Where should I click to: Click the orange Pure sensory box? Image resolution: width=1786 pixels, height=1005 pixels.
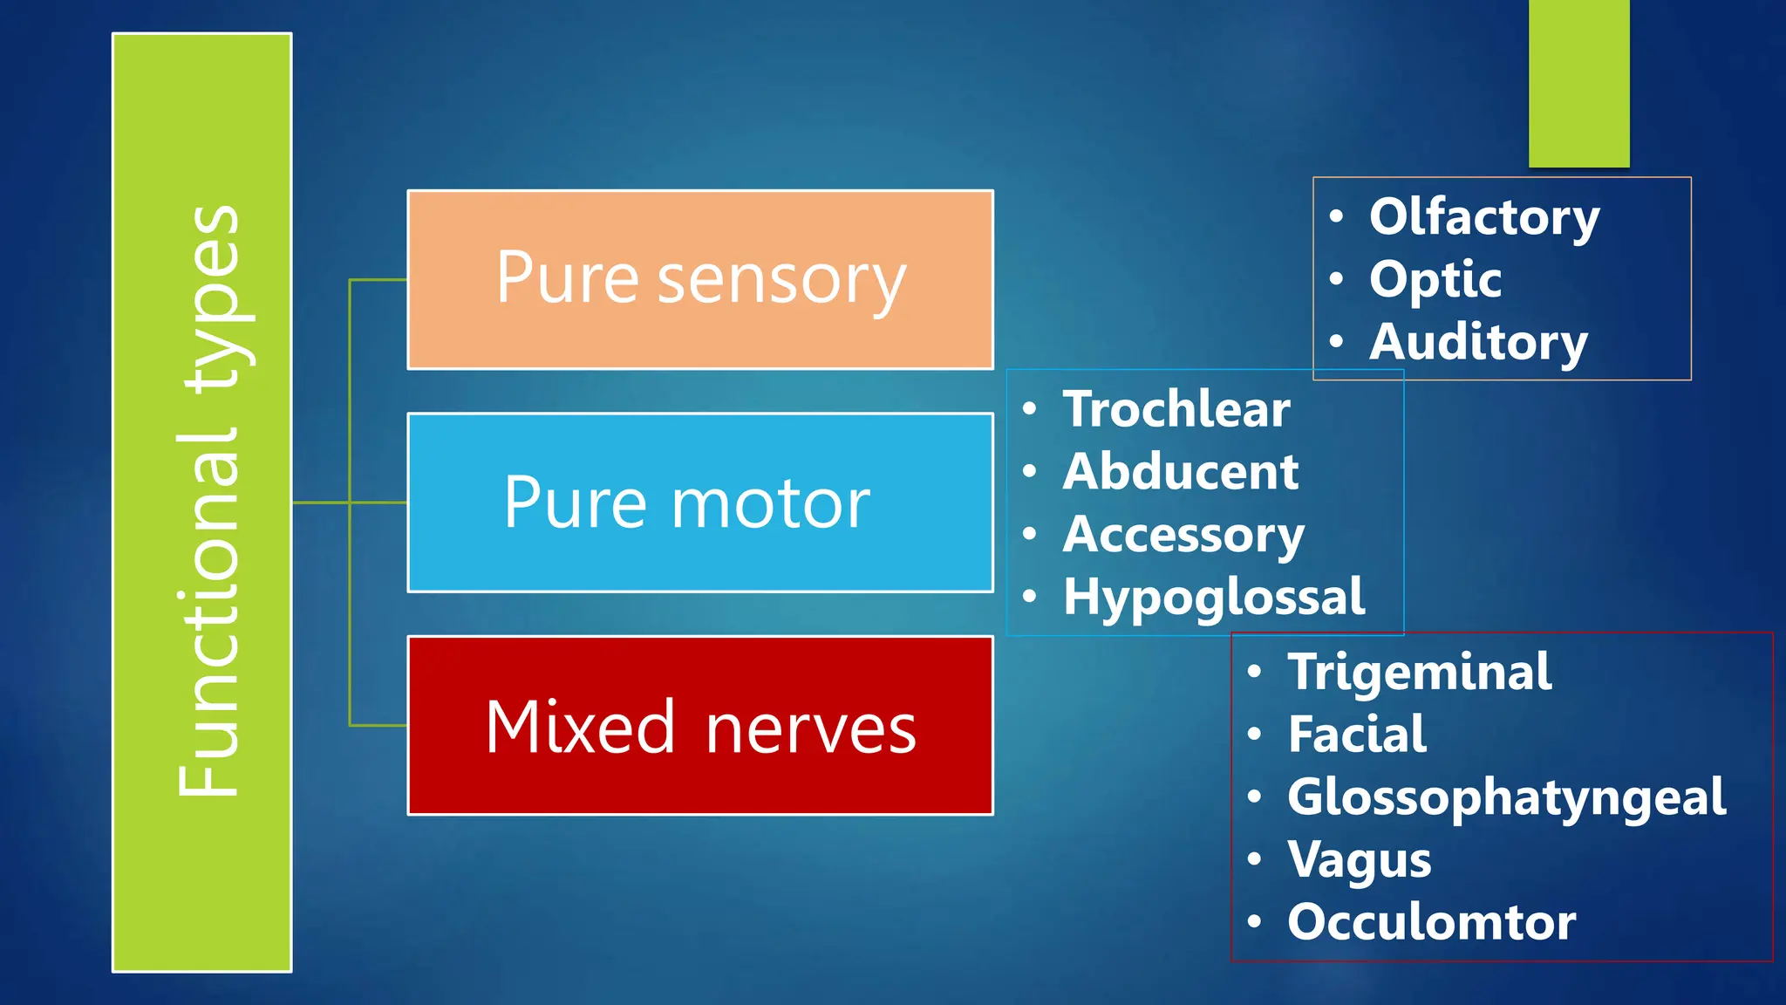tap(700, 279)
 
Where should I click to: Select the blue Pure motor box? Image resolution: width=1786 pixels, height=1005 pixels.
tap(700, 502)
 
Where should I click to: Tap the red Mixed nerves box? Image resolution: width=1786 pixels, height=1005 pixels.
tap(700, 726)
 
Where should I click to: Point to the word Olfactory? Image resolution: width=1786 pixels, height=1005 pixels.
tap(1484, 216)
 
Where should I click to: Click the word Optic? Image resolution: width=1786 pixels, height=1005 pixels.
tap(1435, 279)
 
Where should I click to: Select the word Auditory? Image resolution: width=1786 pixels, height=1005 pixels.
tap(1478, 341)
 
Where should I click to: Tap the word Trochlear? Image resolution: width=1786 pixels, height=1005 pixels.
tap(1176, 409)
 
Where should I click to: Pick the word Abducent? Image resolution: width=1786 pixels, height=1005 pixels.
tap(1181, 472)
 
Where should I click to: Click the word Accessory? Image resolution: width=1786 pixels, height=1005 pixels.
tap(1183, 534)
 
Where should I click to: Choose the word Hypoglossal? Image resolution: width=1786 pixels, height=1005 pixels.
tap(1214, 598)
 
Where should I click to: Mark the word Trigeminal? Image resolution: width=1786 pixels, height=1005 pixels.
tap(1420, 672)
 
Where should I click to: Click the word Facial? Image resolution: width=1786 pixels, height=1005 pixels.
tap(1357, 734)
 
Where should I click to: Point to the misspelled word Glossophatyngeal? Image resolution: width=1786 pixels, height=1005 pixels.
tap(1507, 797)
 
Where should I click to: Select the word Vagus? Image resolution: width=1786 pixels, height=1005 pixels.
tap(1360, 859)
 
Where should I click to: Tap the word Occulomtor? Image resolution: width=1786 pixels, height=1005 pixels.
tap(1432, 922)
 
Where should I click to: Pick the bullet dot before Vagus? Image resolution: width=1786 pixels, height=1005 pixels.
tap(1254, 859)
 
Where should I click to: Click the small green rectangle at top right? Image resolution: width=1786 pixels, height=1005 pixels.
tap(1578, 83)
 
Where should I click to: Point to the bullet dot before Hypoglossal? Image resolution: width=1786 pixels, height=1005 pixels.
tap(1030, 597)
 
